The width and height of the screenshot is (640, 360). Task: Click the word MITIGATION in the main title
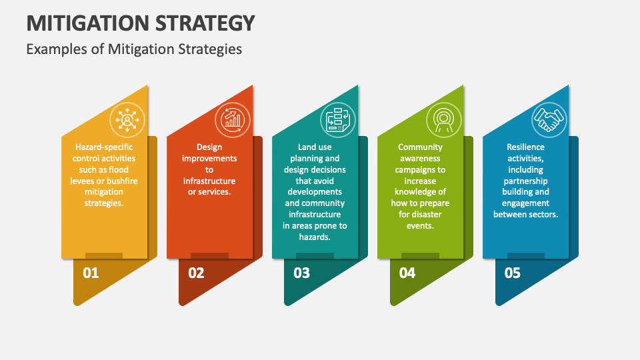tap(87, 23)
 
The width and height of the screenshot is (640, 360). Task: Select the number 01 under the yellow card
tap(90, 273)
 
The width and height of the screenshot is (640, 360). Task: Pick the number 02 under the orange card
tap(196, 273)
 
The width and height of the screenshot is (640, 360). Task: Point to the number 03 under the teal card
tap(301, 273)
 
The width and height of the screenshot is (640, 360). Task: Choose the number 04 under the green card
tap(407, 273)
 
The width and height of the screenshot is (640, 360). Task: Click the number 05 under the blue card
tap(512, 273)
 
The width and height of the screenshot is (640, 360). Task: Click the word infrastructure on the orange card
tap(209, 181)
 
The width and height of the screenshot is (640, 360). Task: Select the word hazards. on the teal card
tap(315, 237)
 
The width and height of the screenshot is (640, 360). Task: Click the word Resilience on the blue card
tap(525, 147)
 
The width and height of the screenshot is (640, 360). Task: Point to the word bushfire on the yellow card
tap(121, 181)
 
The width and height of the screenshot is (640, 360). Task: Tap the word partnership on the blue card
tap(525, 181)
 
